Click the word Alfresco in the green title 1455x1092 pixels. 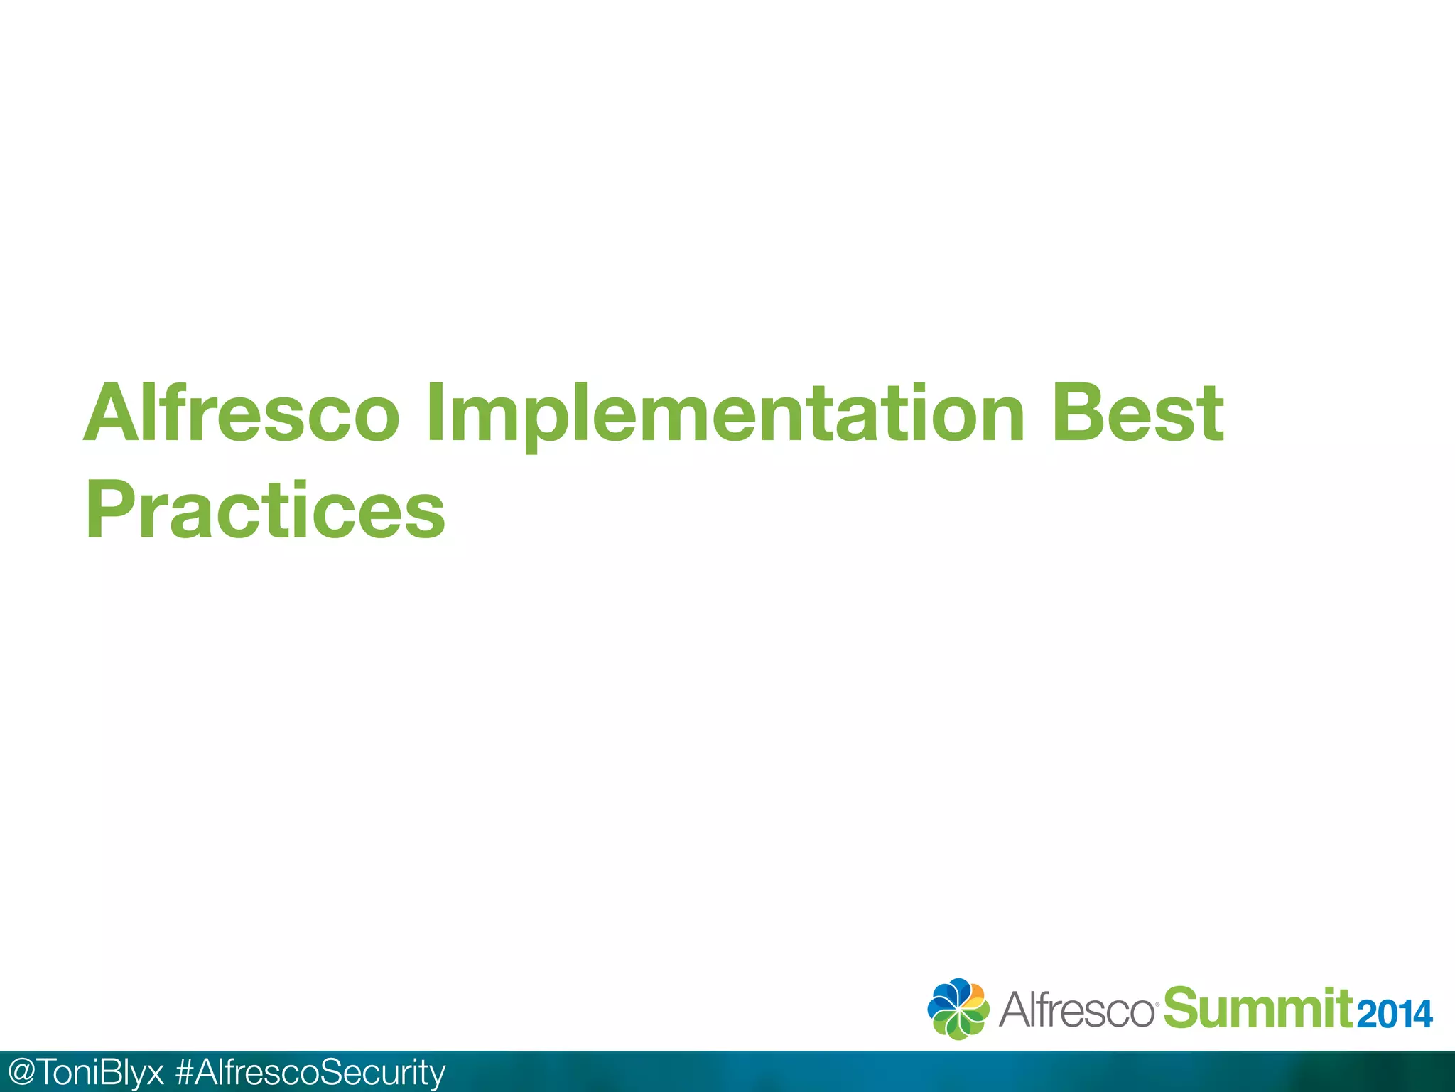[242, 413]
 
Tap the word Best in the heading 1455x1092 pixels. [1137, 413]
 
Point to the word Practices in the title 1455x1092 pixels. [266, 510]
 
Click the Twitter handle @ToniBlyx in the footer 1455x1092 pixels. [85, 1072]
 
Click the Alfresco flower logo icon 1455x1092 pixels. [958, 1009]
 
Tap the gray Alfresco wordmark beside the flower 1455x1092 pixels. [1076, 1010]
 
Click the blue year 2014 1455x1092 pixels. [1394, 1015]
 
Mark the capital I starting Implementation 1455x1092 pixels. [435, 413]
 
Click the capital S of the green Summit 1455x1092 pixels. [1182, 1008]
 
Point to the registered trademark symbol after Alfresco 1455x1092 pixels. [1157, 1004]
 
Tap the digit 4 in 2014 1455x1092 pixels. [1422, 1015]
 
